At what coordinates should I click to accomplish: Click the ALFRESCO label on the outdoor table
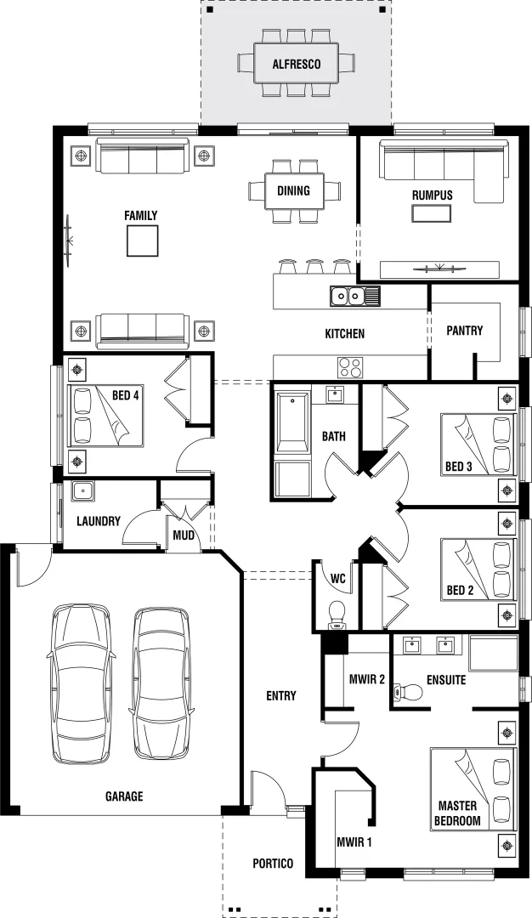click(x=296, y=64)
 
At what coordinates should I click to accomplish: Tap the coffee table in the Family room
click(x=141, y=241)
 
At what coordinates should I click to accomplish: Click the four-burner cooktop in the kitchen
click(x=350, y=367)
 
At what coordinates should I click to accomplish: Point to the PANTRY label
click(x=464, y=331)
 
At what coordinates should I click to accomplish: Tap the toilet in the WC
click(x=337, y=613)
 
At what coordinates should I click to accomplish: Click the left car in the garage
click(x=80, y=683)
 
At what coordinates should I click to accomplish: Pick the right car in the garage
click(x=161, y=683)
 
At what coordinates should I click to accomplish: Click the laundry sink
click(x=82, y=490)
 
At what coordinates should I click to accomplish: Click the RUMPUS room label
click(x=432, y=195)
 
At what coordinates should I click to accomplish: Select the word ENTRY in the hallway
click(x=280, y=696)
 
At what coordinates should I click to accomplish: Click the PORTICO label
click(x=273, y=864)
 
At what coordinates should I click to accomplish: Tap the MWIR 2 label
click(x=367, y=680)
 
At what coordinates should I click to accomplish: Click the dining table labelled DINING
click(x=294, y=190)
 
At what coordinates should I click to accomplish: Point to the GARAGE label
click(x=124, y=796)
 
